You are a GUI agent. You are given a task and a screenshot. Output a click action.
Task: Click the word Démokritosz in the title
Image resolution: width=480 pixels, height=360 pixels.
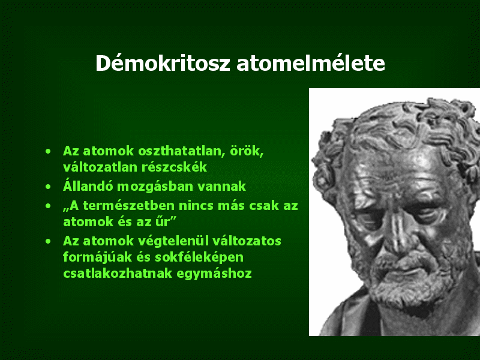tap(163, 63)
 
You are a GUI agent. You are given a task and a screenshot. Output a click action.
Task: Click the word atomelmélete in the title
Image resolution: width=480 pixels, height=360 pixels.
tap(311, 63)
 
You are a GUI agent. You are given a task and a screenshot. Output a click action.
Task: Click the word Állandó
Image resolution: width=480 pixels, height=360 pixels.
tap(88, 185)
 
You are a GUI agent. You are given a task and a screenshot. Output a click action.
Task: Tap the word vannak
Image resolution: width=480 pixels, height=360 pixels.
tap(221, 187)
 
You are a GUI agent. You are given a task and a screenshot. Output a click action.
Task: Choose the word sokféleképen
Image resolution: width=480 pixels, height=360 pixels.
tap(199, 257)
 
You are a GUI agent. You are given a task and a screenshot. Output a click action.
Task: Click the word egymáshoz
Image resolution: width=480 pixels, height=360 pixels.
tap(214, 274)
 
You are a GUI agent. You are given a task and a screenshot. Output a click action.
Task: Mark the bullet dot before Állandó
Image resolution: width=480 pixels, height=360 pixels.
tap(48, 187)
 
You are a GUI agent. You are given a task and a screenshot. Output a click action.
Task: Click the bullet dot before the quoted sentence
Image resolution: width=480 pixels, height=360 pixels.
tap(48, 206)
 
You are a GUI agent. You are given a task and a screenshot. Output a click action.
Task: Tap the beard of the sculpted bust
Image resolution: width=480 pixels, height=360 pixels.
tap(407, 281)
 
